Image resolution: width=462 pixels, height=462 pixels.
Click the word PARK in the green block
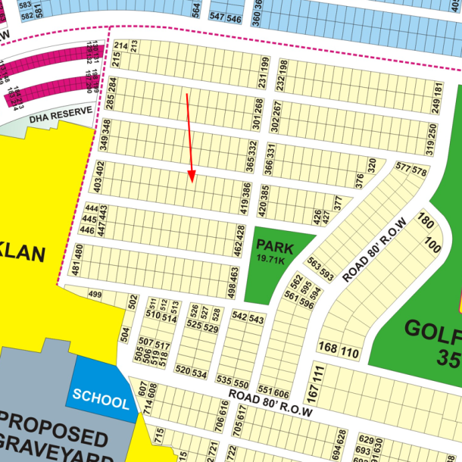click(x=273, y=245)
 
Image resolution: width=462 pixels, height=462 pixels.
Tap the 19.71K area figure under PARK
click(x=270, y=260)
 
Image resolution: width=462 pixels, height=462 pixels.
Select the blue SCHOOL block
click(x=100, y=400)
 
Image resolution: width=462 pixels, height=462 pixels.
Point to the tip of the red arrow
click(x=192, y=182)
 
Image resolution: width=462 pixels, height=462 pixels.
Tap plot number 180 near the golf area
click(x=425, y=223)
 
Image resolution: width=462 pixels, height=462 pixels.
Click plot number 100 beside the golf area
click(x=433, y=245)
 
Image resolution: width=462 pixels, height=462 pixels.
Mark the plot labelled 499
click(x=95, y=295)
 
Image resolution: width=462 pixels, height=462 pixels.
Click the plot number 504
click(x=126, y=334)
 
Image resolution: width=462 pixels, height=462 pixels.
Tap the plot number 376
click(x=359, y=181)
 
